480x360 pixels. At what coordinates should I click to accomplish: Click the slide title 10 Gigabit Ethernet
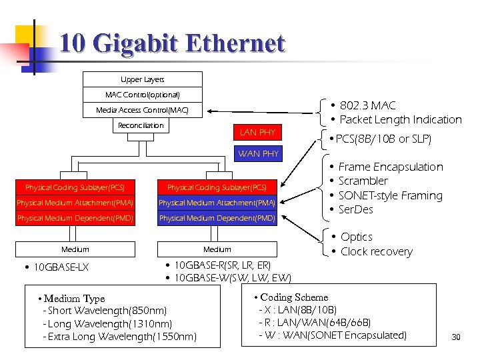click(172, 44)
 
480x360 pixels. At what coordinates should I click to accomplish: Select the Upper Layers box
click(142, 80)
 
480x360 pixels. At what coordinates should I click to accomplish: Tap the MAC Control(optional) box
click(142, 95)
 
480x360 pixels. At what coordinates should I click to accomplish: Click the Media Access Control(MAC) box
click(142, 110)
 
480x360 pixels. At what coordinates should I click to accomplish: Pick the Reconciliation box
click(141, 125)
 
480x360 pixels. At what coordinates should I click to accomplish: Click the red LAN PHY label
click(257, 132)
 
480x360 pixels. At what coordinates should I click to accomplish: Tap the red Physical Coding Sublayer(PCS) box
click(75, 187)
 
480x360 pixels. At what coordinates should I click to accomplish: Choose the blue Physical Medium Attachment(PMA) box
click(217, 203)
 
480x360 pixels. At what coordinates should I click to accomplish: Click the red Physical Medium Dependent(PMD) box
click(75, 218)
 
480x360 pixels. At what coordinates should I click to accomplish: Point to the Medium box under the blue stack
click(217, 249)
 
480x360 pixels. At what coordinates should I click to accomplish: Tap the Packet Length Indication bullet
click(400, 120)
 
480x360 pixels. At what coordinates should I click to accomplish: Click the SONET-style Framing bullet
click(390, 195)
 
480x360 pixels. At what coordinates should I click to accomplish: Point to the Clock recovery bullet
click(376, 251)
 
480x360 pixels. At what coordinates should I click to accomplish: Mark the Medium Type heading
click(74, 299)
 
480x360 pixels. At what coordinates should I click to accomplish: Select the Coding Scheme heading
click(293, 297)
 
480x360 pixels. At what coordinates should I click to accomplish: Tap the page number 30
click(456, 337)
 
